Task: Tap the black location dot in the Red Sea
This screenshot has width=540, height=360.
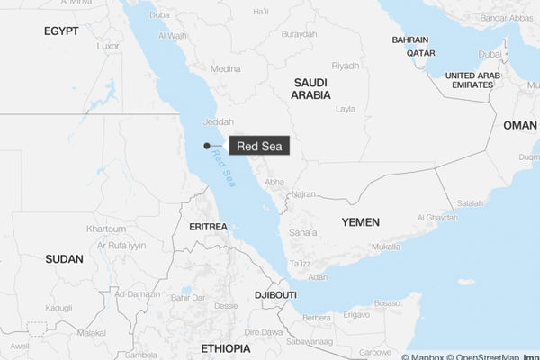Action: tap(207, 146)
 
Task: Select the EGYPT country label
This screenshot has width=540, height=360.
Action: tap(61, 31)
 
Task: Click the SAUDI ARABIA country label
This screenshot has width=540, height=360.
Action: tap(311, 88)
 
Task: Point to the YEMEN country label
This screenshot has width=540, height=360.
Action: tap(360, 221)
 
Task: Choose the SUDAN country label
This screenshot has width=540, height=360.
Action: tap(64, 258)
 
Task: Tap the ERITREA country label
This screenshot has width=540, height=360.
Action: tap(208, 227)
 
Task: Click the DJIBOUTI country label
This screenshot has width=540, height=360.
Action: tap(274, 294)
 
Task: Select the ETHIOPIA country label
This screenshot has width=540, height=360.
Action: tap(225, 346)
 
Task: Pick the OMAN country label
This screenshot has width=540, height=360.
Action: tap(519, 125)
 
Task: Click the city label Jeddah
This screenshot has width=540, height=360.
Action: tap(219, 122)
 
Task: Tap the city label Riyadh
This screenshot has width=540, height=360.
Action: tap(346, 66)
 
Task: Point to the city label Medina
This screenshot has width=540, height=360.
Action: tap(225, 68)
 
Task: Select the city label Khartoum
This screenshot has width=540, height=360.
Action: tap(105, 229)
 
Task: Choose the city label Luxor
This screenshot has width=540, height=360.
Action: tap(108, 46)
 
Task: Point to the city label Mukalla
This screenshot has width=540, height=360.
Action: tap(385, 246)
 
